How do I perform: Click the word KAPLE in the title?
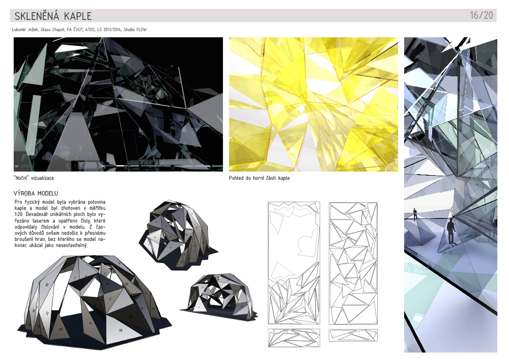pos(78,16)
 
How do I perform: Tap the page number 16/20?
pos(481,15)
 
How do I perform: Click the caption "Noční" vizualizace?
pos(34,178)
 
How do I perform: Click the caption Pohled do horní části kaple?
pos(259,178)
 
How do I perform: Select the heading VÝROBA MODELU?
pos(36,193)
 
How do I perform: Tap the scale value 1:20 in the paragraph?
pos(19,214)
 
